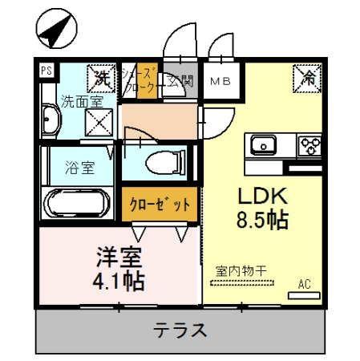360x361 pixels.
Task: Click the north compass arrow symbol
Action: click(54, 29)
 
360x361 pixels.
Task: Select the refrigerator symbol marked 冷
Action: click(307, 77)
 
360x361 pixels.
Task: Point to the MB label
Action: click(220, 81)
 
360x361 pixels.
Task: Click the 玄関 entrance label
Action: click(181, 81)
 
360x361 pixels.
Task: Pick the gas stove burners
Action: click(309, 146)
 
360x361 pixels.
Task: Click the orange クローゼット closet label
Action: click(160, 204)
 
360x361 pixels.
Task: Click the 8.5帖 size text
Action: click(260, 219)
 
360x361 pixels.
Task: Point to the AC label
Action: click(305, 284)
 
